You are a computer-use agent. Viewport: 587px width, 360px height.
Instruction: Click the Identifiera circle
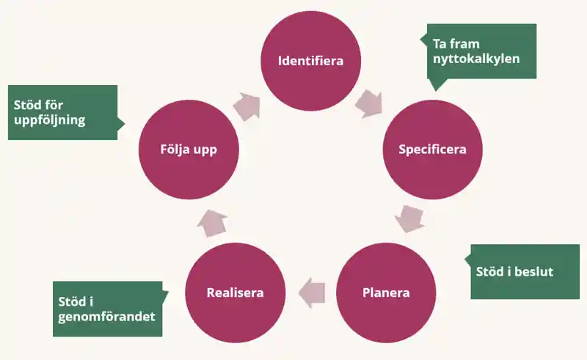(310, 60)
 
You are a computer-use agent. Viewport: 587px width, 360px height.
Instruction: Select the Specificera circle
(432, 149)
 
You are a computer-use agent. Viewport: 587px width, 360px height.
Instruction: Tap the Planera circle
(386, 293)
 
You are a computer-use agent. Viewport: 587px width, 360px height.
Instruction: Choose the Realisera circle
(235, 293)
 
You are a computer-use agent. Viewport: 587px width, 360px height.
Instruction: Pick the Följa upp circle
(188, 149)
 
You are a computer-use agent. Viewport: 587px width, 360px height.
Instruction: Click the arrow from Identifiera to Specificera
(369, 103)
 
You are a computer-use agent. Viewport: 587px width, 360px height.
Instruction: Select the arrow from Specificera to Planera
(409, 218)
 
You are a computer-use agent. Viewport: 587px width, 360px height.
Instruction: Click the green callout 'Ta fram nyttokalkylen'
(481, 51)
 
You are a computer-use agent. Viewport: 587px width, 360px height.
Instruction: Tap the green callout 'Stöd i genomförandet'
(107, 309)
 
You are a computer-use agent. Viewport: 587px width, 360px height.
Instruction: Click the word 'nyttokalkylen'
(476, 59)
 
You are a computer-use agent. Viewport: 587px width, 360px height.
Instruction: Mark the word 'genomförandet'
(108, 317)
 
